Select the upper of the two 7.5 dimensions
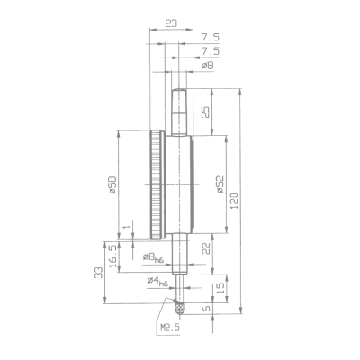pyautogui.click(x=211, y=39)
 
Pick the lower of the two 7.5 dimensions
pyautogui.click(x=211, y=52)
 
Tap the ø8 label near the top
pyautogui.click(x=206, y=66)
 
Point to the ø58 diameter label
pyautogui.click(x=112, y=185)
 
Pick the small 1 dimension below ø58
pyautogui.click(x=126, y=227)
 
